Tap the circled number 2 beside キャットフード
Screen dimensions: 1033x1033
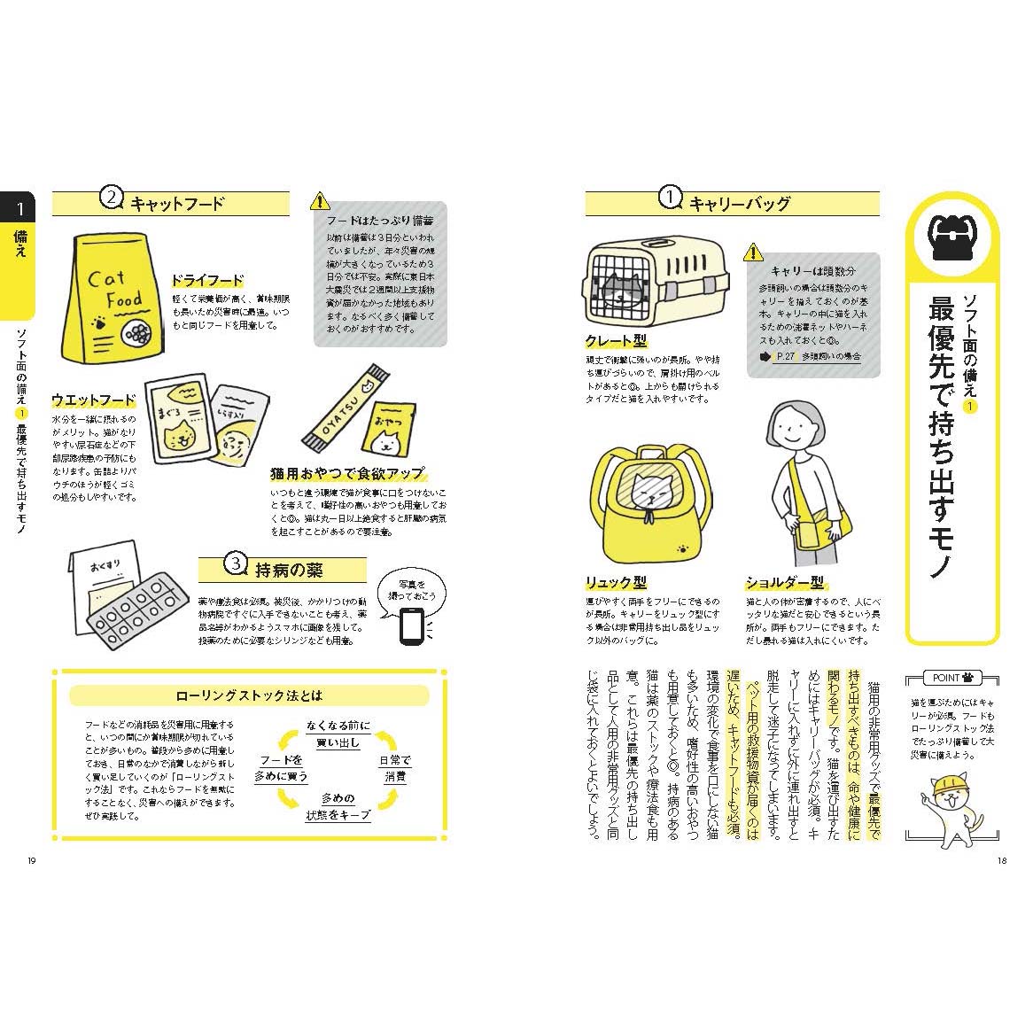point(110,198)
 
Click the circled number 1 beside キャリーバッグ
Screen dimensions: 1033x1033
point(672,198)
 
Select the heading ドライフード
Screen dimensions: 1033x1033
point(206,282)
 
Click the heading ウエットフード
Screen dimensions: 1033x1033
point(94,400)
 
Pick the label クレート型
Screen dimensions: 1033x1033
point(616,341)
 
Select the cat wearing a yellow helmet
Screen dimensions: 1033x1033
point(951,804)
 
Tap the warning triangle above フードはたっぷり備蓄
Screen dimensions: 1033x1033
point(320,200)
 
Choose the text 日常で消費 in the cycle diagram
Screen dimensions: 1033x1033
point(395,768)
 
